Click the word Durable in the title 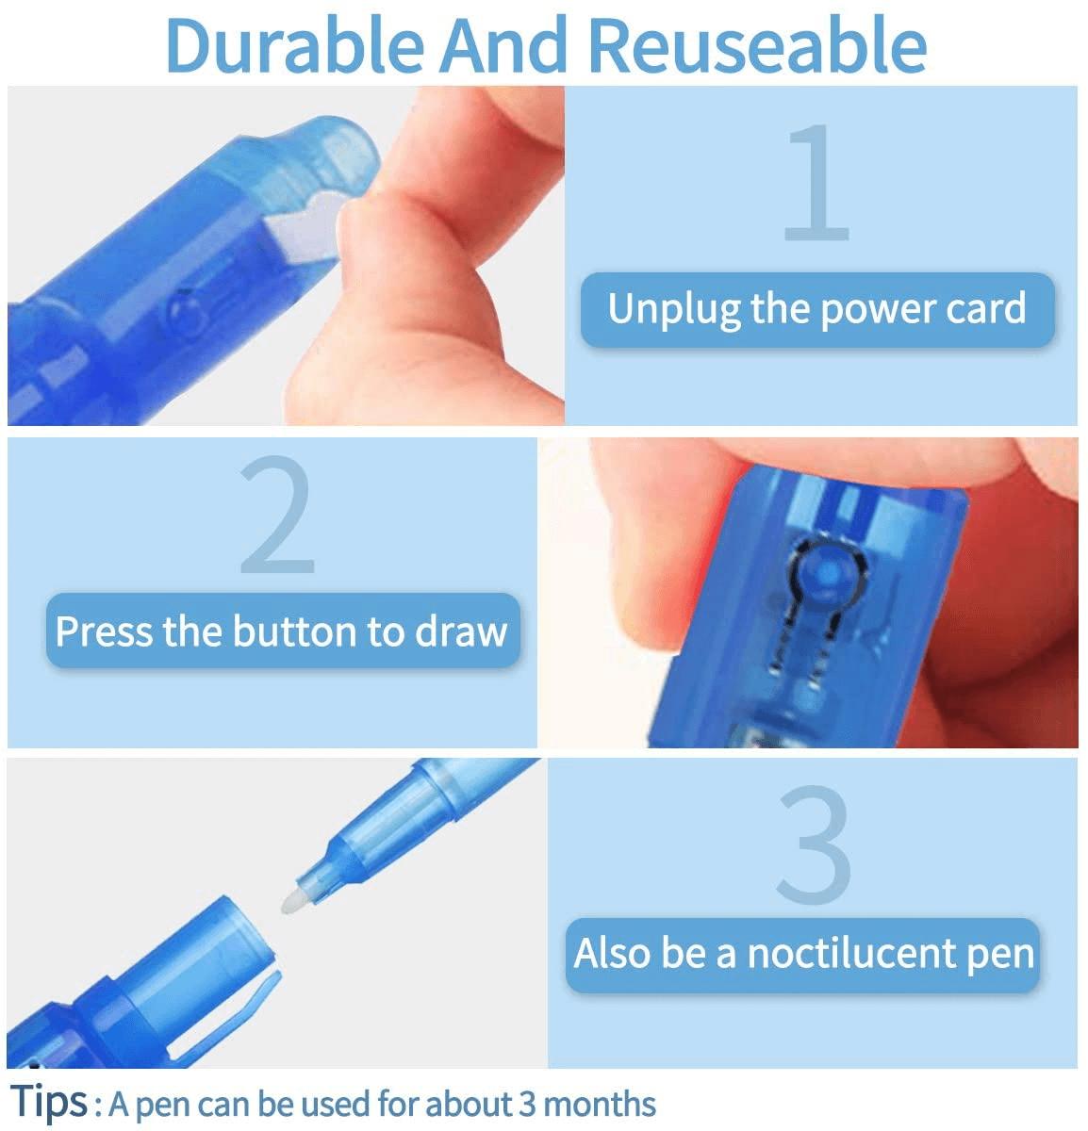tap(295, 45)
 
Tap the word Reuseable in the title tap(757, 45)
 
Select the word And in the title tap(503, 45)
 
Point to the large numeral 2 tap(277, 515)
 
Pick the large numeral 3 tap(815, 844)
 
